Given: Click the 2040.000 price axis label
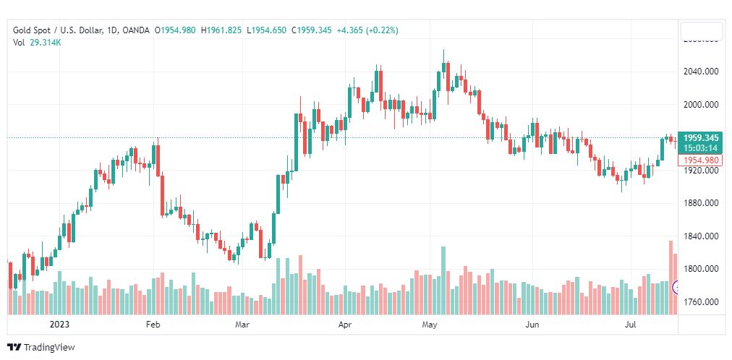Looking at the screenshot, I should (701, 72).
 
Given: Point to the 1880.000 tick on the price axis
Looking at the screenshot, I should (701, 203).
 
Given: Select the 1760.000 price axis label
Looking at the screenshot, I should (701, 301).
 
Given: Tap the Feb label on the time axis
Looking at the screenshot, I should (153, 325).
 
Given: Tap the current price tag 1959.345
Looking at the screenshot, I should (701, 137).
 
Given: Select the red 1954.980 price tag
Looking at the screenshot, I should (701, 160).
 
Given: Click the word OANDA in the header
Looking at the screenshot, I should (137, 30).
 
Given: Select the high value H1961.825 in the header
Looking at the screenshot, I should (221, 30).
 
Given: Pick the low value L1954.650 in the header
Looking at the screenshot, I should (268, 30).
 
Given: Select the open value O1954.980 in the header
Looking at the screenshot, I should (174, 30).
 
